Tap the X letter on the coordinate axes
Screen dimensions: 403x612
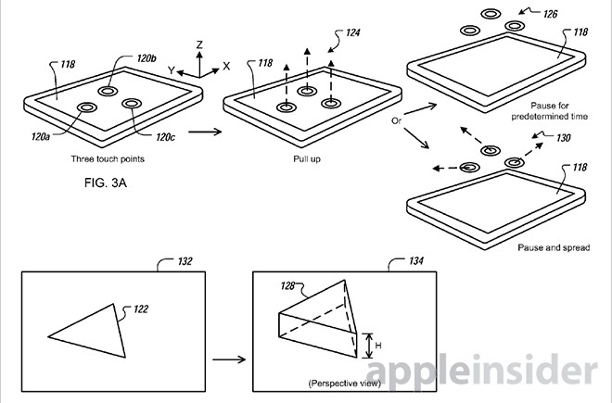coord(226,67)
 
